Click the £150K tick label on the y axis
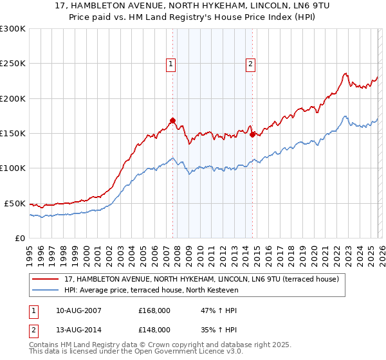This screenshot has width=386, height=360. (13, 134)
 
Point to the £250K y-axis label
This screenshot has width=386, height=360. (13, 64)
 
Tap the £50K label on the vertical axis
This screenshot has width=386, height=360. (15, 203)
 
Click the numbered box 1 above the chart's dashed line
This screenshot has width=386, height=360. (171, 64)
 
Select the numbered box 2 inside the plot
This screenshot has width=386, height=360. (250, 64)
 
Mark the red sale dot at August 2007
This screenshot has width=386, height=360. (172, 120)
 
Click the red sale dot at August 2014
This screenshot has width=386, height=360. (252, 134)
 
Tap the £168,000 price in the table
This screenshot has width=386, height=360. (154, 310)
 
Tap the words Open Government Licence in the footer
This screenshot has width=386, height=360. (175, 352)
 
